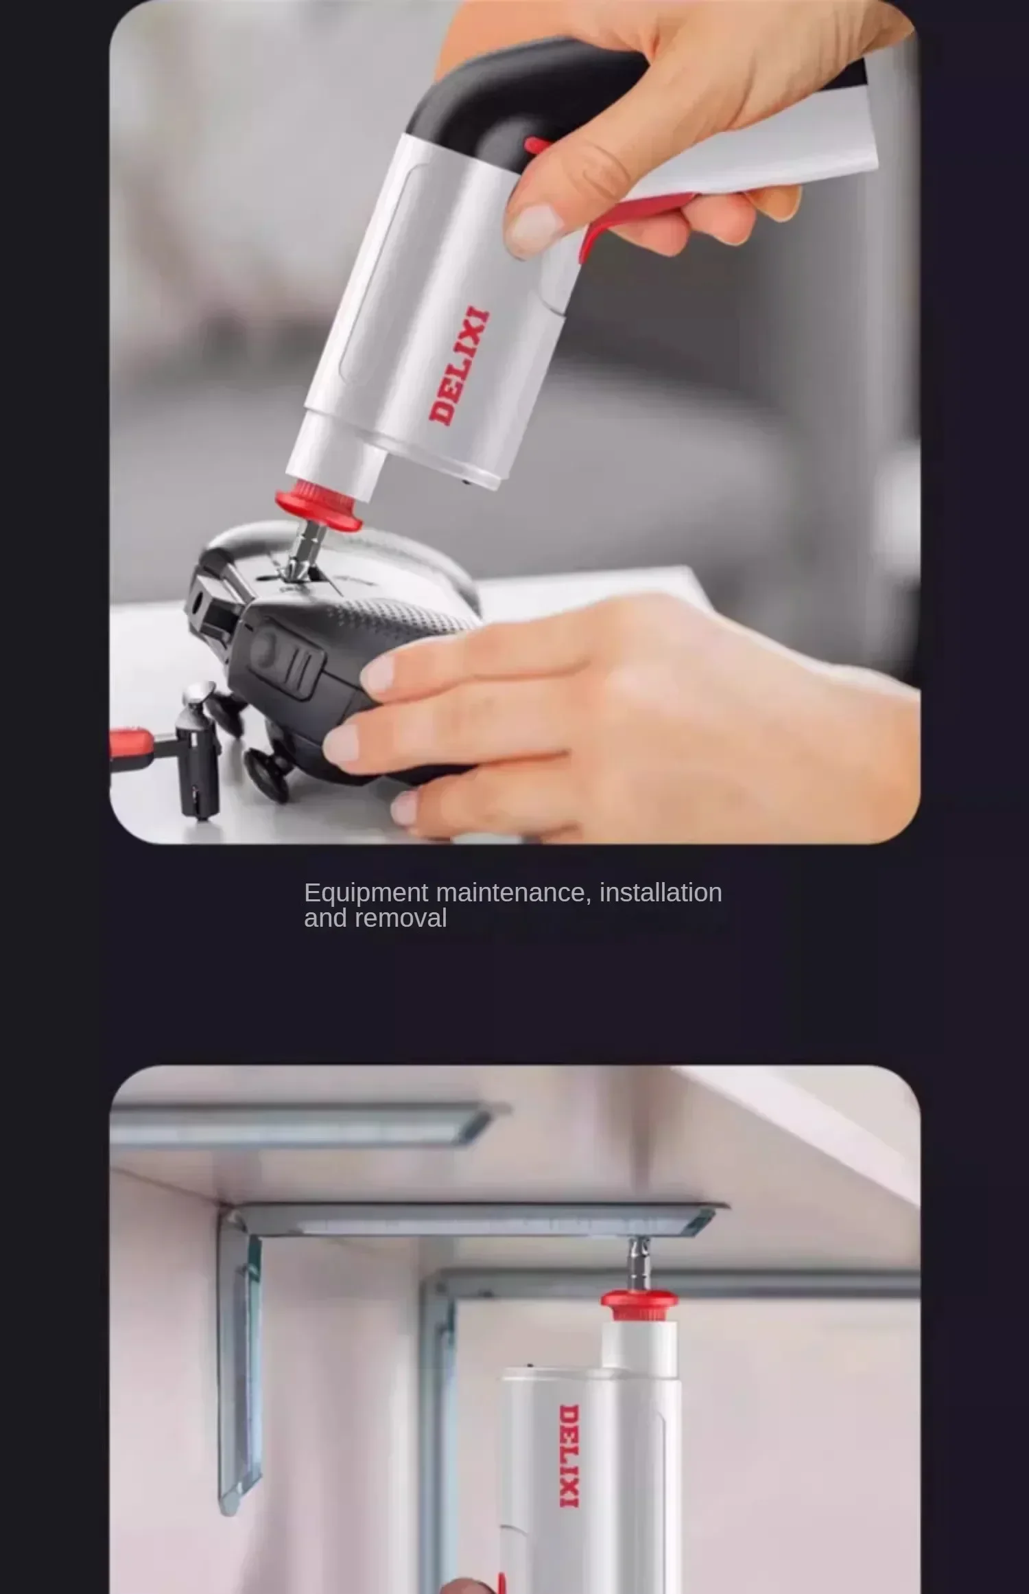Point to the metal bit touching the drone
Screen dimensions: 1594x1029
(302, 549)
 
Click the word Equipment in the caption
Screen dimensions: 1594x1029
(366, 892)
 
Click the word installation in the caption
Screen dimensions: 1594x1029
(661, 892)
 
